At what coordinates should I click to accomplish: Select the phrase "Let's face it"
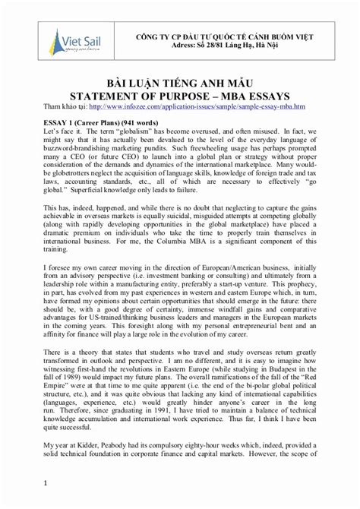click(x=63, y=132)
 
